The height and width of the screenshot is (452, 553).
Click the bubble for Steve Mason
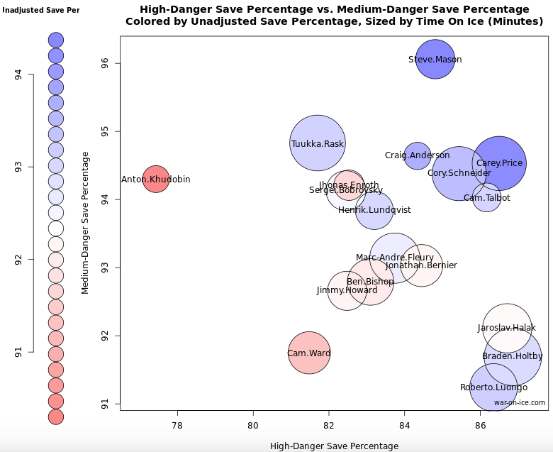(435, 60)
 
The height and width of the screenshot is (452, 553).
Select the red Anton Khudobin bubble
(155, 179)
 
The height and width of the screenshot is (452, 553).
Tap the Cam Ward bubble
(309, 353)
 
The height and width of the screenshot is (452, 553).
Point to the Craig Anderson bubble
(418, 155)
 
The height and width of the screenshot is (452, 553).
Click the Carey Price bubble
(499, 163)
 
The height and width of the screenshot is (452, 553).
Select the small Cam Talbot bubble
(486, 197)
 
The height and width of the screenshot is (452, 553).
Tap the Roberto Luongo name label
(493, 387)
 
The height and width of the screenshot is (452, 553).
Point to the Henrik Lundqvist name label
(374, 210)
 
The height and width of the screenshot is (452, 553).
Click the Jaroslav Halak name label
(507, 329)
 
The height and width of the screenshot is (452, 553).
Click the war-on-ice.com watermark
(520, 402)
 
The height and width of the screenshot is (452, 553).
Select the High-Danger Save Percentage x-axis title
(334, 446)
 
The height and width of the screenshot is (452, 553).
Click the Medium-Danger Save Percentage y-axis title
(85, 222)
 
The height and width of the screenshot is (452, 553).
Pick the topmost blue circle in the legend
(56, 40)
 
